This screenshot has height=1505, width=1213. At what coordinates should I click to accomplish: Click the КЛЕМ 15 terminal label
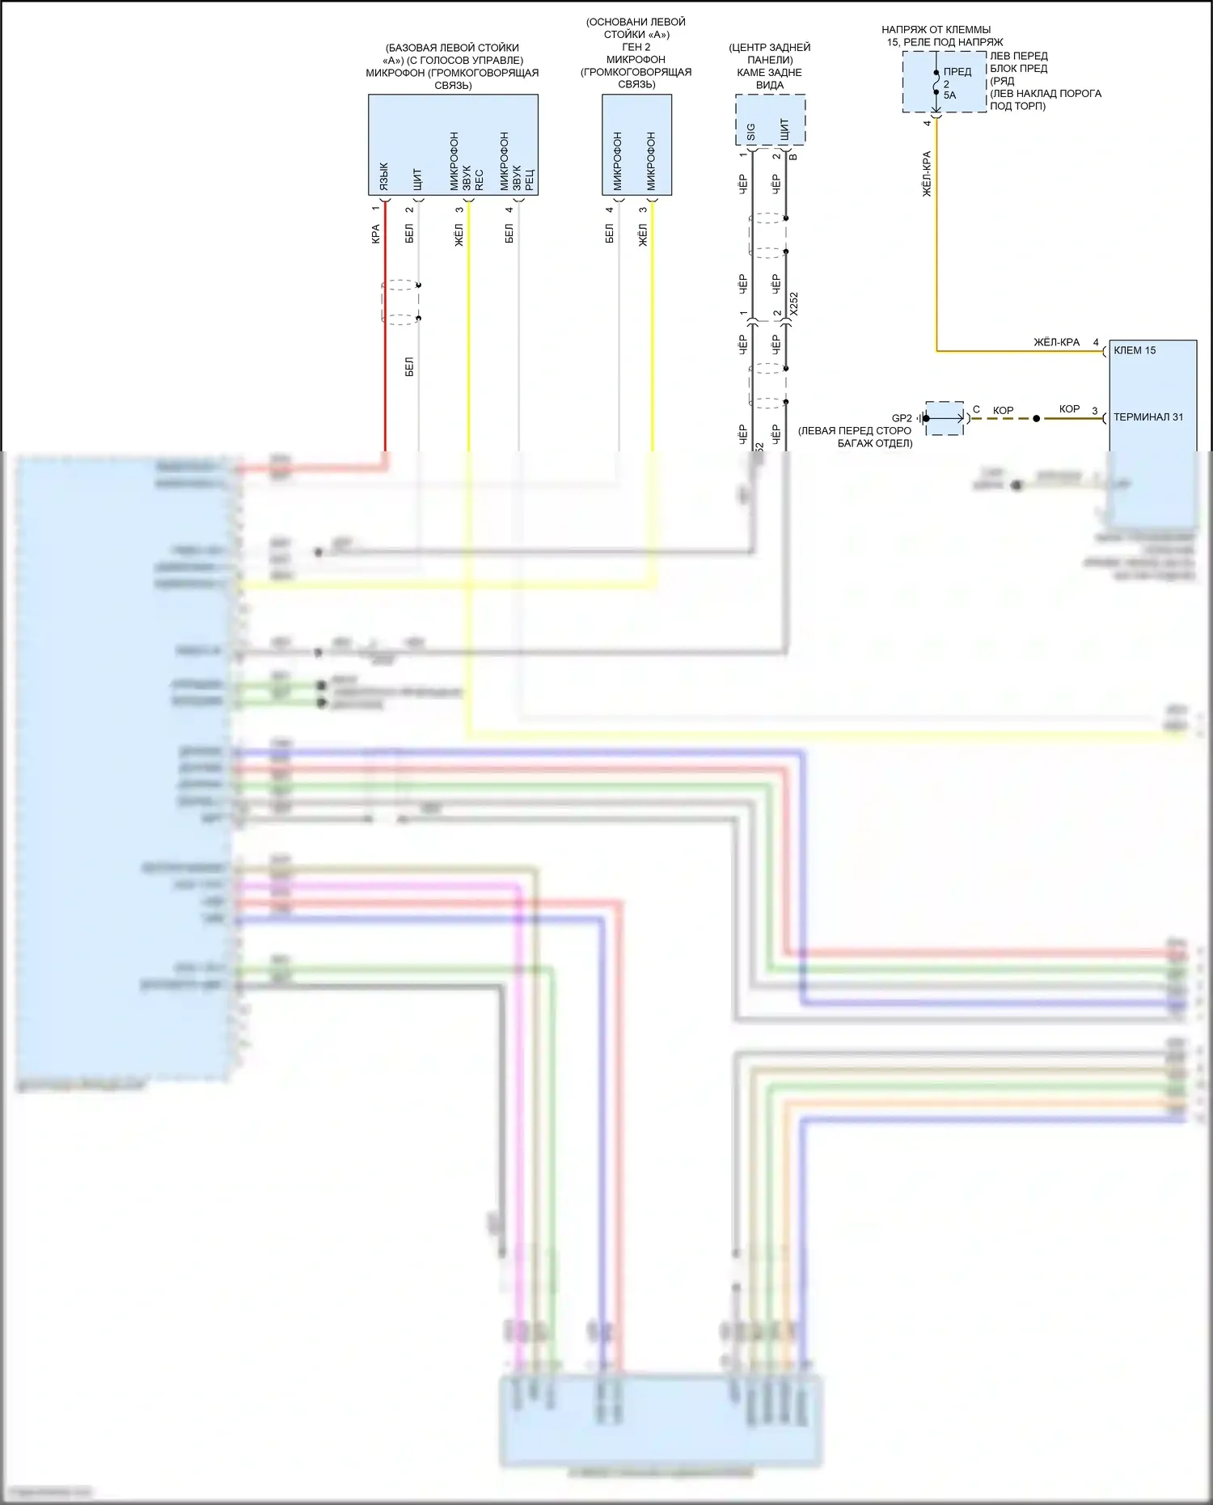[x=1135, y=350]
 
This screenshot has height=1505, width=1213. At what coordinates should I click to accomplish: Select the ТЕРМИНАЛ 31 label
[x=1147, y=417]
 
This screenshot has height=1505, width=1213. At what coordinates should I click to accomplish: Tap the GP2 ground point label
[x=901, y=418]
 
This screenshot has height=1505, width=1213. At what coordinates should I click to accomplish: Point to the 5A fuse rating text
[x=949, y=95]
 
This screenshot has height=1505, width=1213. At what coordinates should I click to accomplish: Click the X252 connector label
[x=794, y=304]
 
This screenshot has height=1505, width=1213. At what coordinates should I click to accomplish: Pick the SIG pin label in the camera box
[x=751, y=132]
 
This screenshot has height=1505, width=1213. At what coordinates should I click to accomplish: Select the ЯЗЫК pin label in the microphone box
[x=384, y=176]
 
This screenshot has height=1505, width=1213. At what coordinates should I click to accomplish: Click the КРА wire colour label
[x=376, y=235]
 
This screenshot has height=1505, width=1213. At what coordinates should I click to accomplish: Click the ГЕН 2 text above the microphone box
[x=636, y=47]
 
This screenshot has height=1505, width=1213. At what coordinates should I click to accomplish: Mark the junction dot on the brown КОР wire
[x=1037, y=419]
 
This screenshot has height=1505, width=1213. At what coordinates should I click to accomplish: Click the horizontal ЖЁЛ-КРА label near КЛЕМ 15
[x=1056, y=342]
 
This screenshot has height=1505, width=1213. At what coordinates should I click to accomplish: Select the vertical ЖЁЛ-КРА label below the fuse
[x=927, y=174]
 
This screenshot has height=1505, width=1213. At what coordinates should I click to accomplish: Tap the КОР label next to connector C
[x=1003, y=411]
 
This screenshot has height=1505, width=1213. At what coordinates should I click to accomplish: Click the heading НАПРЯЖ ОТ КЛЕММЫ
[x=936, y=30]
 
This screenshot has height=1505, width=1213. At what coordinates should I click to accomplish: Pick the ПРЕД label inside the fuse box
[x=957, y=72]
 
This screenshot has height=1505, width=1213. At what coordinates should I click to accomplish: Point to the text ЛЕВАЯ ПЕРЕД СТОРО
[x=855, y=431]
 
